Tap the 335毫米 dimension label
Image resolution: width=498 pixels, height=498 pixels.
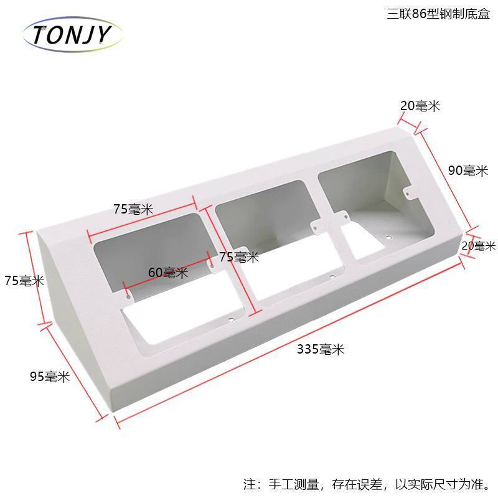tap(320, 349)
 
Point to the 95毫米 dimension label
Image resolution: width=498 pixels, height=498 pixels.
tap(50, 376)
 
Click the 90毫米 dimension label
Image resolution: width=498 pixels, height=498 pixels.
tap(467, 171)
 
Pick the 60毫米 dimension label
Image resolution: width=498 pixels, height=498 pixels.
tap(168, 272)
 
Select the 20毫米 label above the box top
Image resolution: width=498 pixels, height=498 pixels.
tap(420, 106)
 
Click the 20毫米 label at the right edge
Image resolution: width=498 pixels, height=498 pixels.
tap(478, 246)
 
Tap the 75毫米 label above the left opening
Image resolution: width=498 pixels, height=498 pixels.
tap(133, 209)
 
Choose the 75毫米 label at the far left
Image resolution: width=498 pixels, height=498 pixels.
tap(23, 281)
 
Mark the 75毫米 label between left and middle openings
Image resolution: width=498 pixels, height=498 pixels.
tap(239, 256)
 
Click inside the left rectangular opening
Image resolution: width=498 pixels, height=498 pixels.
tap(149, 249)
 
